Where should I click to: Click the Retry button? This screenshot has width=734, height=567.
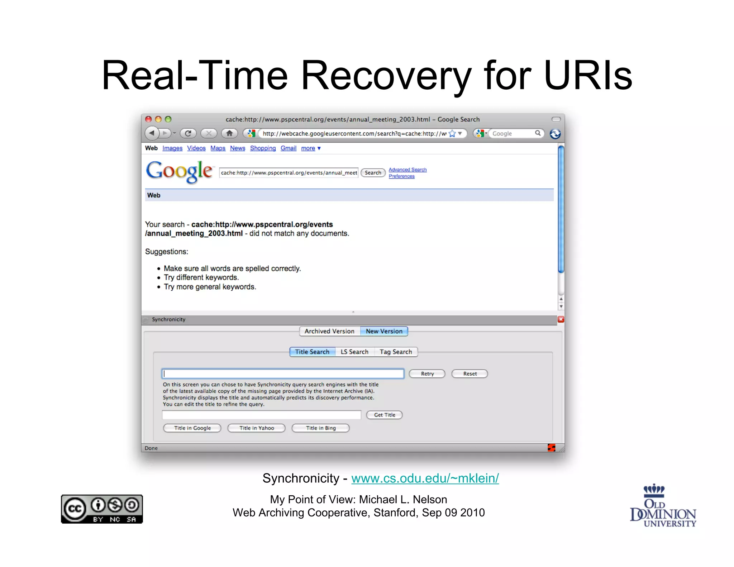427,373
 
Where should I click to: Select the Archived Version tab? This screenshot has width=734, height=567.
329,331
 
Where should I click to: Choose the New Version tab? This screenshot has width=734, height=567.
384,331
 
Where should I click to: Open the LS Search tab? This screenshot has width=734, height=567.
354,352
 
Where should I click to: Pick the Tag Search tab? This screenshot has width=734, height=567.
396,352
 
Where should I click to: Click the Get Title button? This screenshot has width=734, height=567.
384,415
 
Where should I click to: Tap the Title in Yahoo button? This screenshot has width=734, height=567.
257,428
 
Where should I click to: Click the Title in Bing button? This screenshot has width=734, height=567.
321,428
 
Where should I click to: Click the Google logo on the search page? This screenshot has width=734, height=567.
179,172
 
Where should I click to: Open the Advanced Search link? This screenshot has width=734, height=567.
407,170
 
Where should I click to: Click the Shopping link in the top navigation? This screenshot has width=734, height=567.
263,148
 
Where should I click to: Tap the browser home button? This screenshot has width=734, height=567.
229,133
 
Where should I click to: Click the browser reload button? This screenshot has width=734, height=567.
188,133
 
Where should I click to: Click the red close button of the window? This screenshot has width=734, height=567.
148,119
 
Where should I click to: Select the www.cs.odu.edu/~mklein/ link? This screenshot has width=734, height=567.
425,478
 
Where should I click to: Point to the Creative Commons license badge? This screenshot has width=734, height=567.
102,509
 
